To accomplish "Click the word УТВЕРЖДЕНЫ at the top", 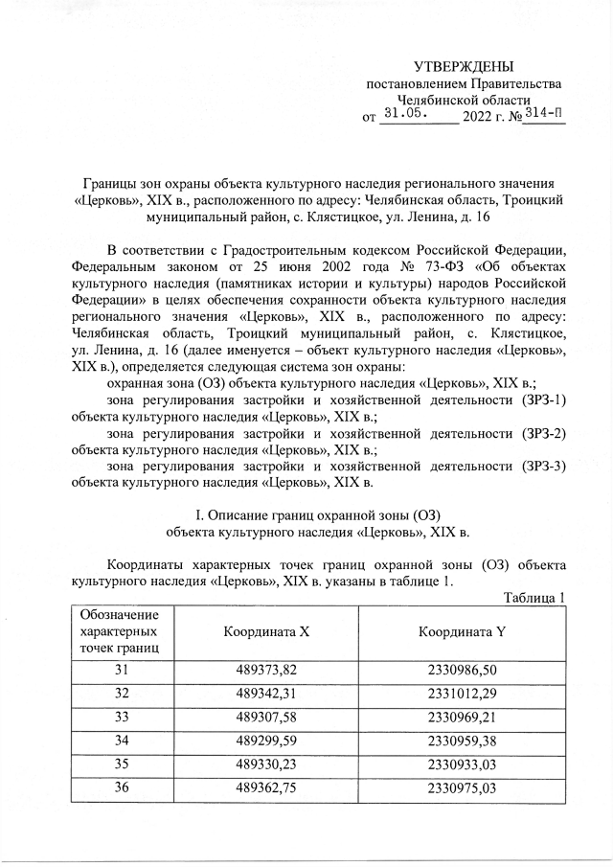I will coord(463,66).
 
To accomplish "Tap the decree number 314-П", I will coord(543,115).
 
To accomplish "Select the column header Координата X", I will coord(266,632).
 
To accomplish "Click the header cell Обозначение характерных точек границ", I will coord(120,632).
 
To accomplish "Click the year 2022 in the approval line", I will coord(479,118).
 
